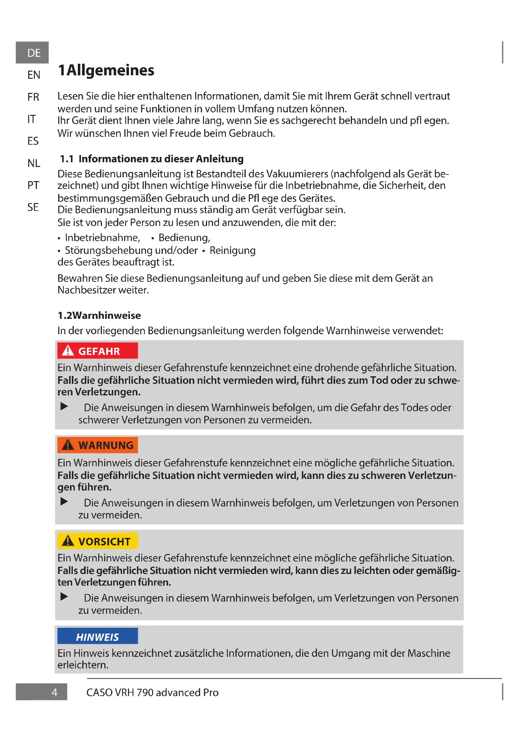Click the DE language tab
pyautogui.click(x=32, y=53)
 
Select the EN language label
pyautogui.click(x=34, y=75)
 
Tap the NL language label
pyautogui.click(x=34, y=163)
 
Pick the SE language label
pyautogui.click(x=33, y=207)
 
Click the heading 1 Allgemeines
pyautogui.click(x=106, y=70)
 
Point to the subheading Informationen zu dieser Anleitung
pyautogui.click(x=161, y=159)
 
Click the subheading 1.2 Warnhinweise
pyautogui.click(x=99, y=315)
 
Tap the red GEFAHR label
pyautogui.click(x=98, y=351)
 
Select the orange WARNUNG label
pyautogui.click(x=98, y=445)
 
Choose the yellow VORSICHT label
pyautogui.click(x=98, y=541)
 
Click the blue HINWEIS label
pyautogui.click(x=98, y=637)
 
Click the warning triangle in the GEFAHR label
pyautogui.click(x=68, y=351)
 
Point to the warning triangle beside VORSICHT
pyautogui.click(x=68, y=541)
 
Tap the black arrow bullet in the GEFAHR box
pyautogui.click(x=64, y=406)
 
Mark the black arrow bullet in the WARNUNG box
pyautogui.click(x=64, y=501)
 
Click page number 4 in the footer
pyautogui.click(x=54, y=693)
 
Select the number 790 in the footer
pyautogui.click(x=145, y=693)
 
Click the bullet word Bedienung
pyautogui.click(x=184, y=238)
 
